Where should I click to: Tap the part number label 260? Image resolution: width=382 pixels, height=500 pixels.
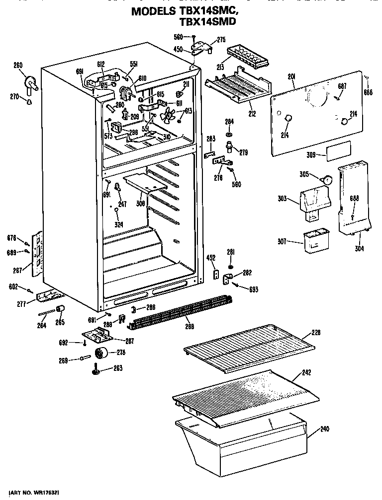pos(18,65)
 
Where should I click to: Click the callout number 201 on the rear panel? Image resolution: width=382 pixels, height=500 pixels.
pos(292,76)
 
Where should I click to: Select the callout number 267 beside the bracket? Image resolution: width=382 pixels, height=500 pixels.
pos(18,271)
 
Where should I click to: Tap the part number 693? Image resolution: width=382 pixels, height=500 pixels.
pos(254,289)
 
